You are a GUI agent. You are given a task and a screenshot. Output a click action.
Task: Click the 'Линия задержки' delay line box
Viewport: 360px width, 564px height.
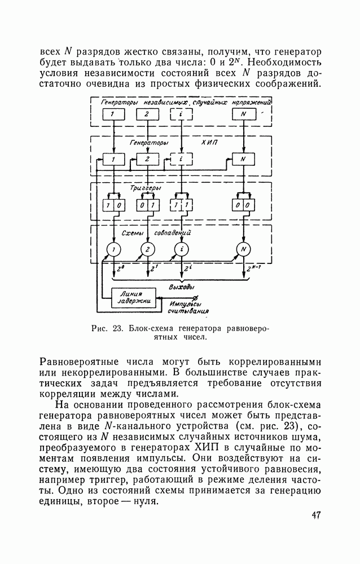pyautogui.click(x=134, y=298)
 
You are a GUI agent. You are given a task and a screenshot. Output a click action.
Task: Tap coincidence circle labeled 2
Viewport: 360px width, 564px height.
pyautogui.click(x=147, y=249)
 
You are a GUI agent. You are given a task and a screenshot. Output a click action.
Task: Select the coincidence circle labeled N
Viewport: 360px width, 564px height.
pyautogui.click(x=243, y=249)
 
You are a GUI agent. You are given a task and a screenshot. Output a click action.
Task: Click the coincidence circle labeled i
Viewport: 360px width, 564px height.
pyautogui.click(x=181, y=249)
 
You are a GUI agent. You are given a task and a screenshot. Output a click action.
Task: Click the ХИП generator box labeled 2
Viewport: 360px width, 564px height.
pyautogui.click(x=147, y=160)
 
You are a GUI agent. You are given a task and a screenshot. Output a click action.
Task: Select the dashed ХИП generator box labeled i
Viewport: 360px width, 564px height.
pyautogui.click(x=181, y=160)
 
